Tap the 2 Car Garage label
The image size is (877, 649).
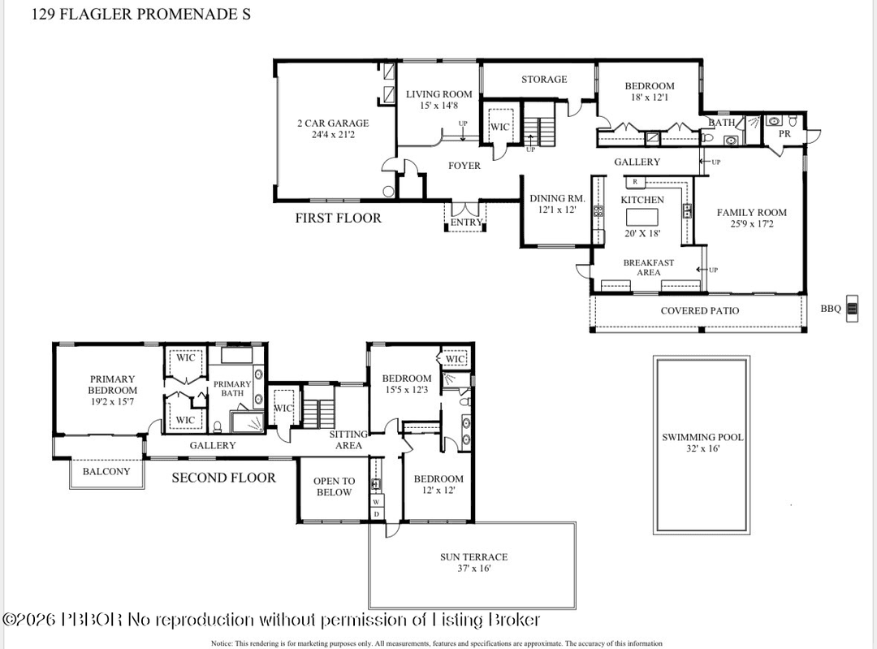click(x=333, y=123)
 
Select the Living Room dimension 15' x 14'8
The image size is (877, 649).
click(x=438, y=105)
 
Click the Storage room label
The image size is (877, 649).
click(x=544, y=80)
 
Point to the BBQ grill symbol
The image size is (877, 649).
click(x=851, y=308)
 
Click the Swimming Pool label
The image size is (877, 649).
click(x=702, y=437)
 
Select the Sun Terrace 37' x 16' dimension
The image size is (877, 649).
click(x=474, y=569)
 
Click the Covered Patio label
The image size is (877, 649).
click(x=699, y=310)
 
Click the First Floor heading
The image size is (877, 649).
click(x=338, y=218)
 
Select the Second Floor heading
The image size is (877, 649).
click(x=223, y=478)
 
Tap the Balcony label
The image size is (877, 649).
click(x=106, y=471)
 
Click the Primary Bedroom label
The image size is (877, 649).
click(x=112, y=384)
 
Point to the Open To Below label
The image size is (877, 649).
click(x=334, y=487)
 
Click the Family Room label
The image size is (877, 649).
click(x=751, y=213)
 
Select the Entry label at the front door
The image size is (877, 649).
click(x=467, y=223)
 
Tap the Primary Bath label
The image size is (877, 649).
click(x=232, y=388)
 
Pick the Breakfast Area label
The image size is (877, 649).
click(x=648, y=267)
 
